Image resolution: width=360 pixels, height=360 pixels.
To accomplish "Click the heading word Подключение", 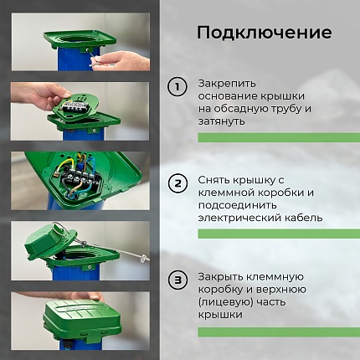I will pos(264,33).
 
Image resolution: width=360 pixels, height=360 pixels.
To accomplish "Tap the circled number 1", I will pos(177,86).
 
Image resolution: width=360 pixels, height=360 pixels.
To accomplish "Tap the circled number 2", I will pos(177,183).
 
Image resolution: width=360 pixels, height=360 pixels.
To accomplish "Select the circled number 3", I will pos(177,279).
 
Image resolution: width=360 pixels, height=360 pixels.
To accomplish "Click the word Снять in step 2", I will pos(215,180).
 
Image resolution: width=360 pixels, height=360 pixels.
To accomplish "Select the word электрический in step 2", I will pos(239,218).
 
